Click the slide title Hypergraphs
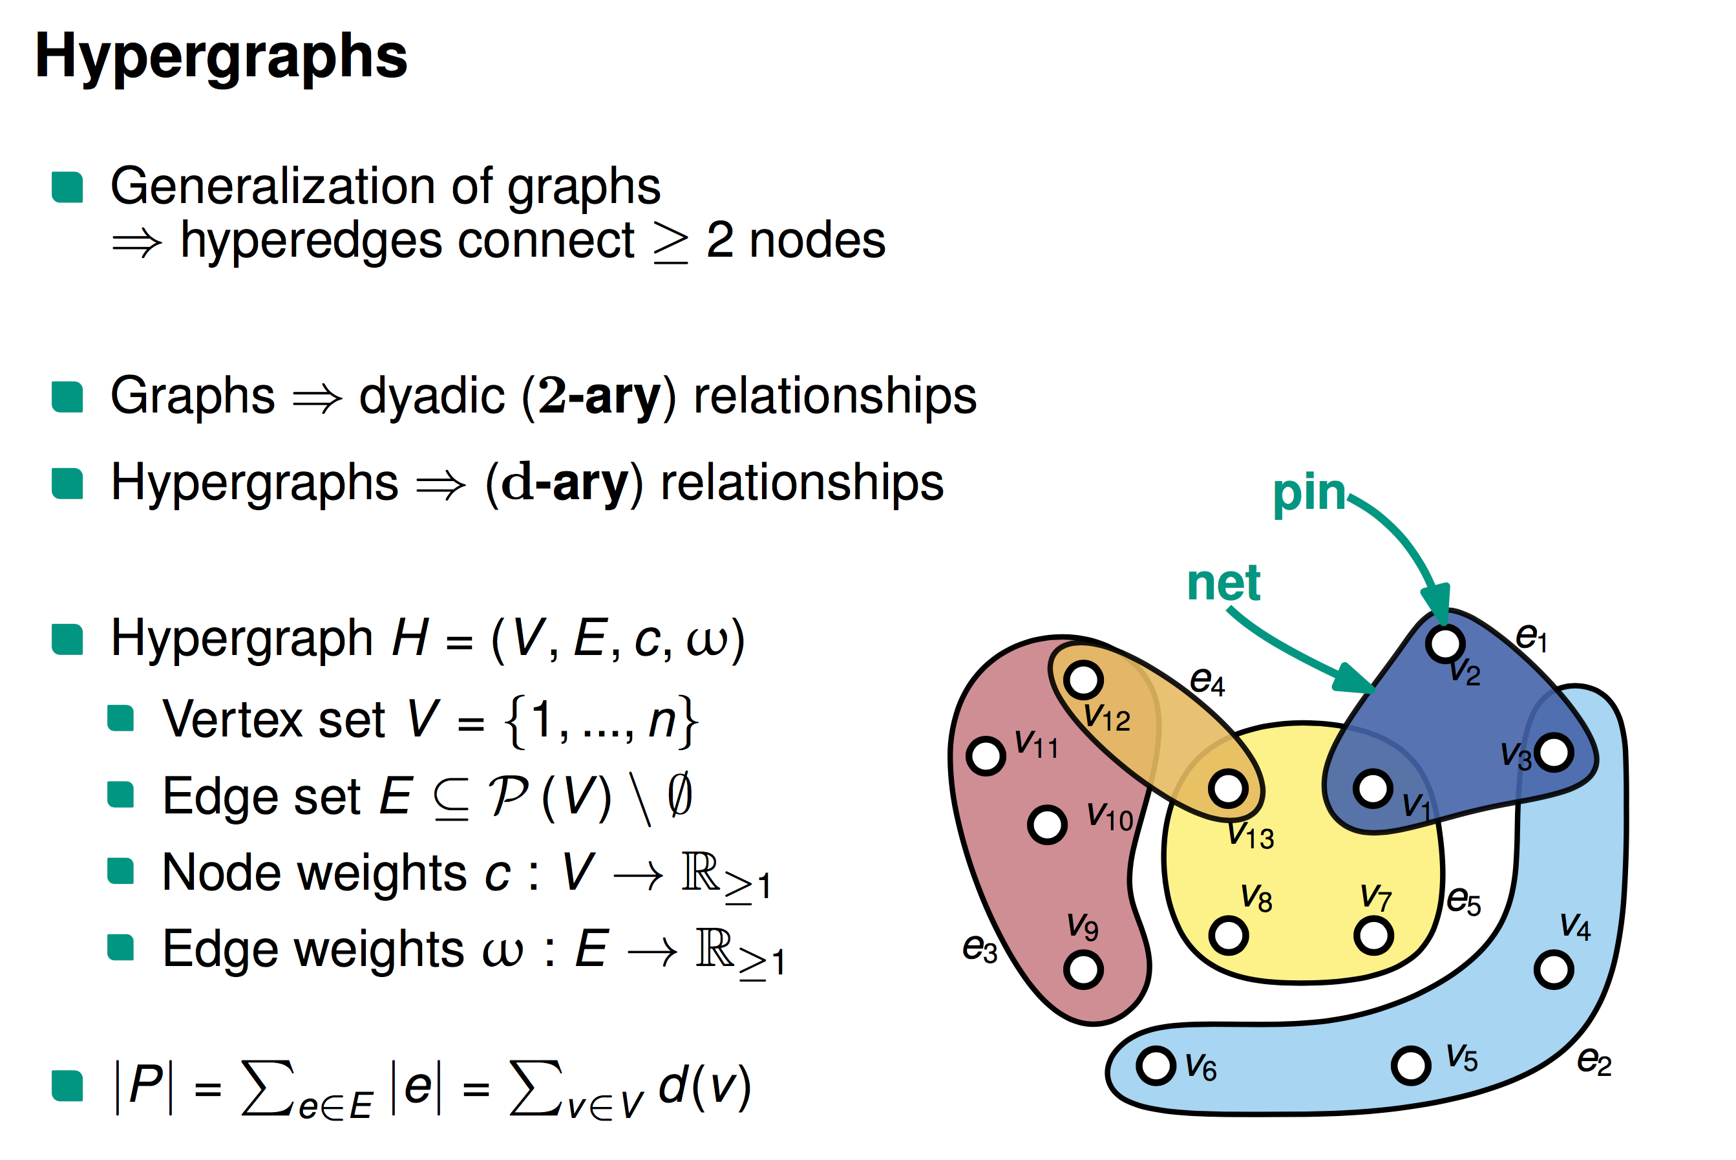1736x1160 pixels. coord(220,57)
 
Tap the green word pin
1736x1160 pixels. coord(1308,493)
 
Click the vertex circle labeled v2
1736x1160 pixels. coord(1445,643)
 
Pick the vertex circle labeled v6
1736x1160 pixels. coord(1156,1066)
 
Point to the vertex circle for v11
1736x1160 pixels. coord(986,756)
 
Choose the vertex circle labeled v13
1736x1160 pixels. coord(1228,788)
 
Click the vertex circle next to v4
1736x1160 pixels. coord(1553,969)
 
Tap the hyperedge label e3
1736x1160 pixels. coord(980,948)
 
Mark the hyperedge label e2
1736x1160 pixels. coord(1594,1061)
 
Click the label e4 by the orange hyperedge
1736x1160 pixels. coord(1207,681)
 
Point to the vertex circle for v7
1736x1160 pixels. coord(1373,935)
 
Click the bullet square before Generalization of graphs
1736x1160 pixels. coord(67,187)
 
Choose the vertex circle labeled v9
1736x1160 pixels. coord(1083,969)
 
